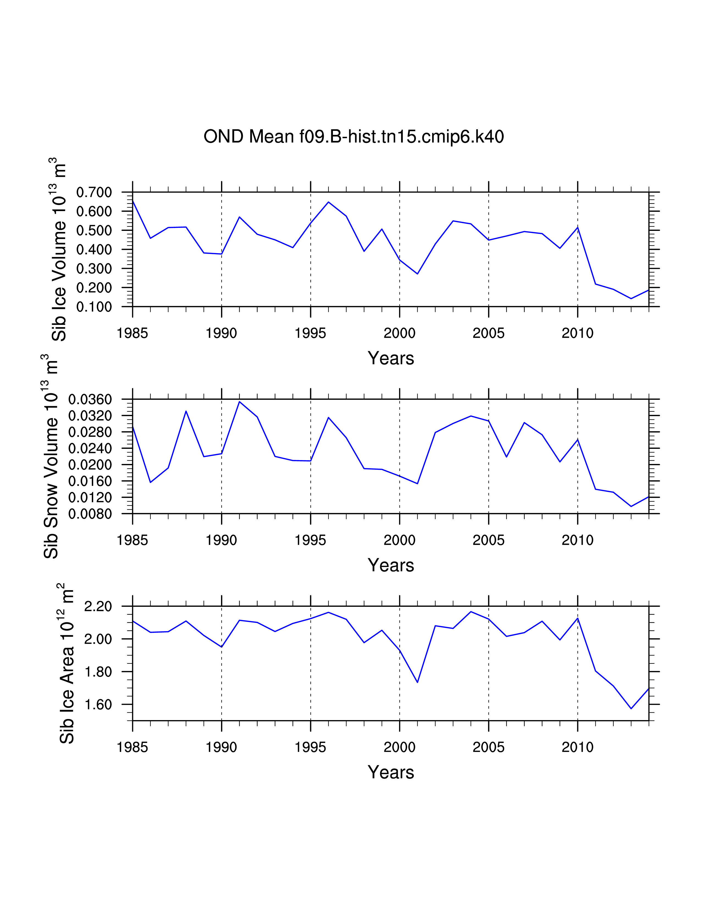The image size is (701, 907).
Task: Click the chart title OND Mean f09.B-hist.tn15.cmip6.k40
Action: point(354,137)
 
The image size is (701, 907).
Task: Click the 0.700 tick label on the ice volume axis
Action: point(94,192)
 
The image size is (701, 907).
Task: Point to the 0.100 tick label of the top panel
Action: point(94,307)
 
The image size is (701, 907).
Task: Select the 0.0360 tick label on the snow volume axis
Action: point(90,400)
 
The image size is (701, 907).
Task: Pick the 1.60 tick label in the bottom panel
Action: point(98,704)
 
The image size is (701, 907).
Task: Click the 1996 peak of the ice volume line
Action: point(329,202)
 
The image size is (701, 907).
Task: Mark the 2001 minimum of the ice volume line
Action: point(417,274)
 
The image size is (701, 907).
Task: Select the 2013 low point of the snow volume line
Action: point(631,506)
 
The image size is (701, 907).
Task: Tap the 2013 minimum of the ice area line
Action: point(631,709)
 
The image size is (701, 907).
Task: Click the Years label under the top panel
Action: point(391,358)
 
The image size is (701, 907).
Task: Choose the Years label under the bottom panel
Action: point(391,772)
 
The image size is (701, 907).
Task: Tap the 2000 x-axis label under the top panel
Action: point(399,333)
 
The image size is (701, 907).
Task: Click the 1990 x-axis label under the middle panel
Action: point(221,540)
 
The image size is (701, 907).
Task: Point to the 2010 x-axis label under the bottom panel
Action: point(578,747)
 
